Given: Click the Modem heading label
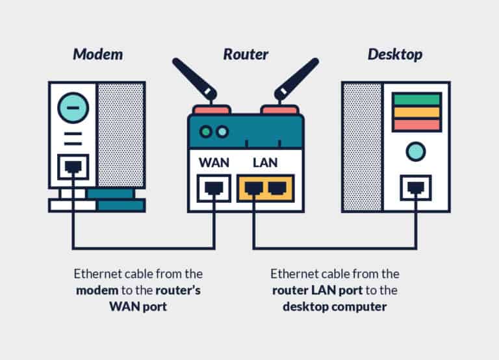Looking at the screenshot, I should [97, 54].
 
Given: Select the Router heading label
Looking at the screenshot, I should [245, 54].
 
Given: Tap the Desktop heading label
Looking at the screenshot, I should [394, 54].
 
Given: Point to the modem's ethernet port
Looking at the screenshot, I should [72, 167].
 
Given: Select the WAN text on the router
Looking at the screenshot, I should [213, 161].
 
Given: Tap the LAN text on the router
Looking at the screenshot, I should [265, 161].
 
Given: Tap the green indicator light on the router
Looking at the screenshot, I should [206, 132].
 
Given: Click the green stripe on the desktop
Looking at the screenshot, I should [416, 99].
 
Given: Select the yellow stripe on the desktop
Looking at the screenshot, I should [416, 112].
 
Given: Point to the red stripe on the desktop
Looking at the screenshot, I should [416, 123].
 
